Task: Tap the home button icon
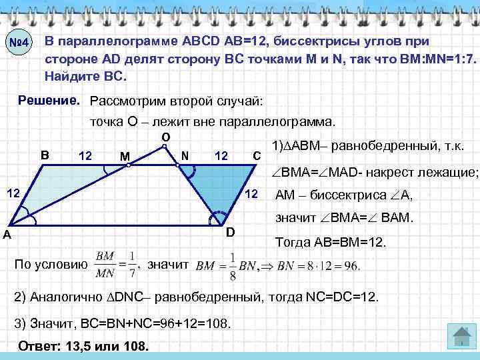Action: (x=459, y=337)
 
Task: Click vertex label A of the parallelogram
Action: (x=6, y=234)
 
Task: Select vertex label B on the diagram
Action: (x=45, y=155)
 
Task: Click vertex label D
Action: (x=230, y=232)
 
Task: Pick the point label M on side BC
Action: (x=125, y=157)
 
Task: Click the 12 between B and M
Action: (x=85, y=156)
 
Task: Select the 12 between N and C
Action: (x=221, y=156)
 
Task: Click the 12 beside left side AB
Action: (x=13, y=193)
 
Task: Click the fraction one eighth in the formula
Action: (x=233, y=265)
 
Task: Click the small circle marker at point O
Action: (x=164, y=147)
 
